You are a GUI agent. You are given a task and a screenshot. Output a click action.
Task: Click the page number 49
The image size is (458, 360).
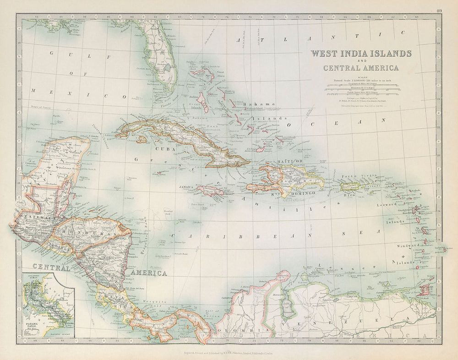point(439,11)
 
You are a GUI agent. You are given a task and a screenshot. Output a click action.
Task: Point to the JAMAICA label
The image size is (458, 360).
point(186,187)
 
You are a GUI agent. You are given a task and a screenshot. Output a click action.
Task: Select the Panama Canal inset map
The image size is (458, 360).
point(49,305)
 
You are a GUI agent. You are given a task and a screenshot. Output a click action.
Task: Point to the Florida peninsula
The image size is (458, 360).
point(160,60)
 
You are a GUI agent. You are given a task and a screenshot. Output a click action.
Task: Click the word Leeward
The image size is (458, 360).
point(387,205)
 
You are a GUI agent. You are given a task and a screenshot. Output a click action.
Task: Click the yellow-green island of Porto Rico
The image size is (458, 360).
point(349,187)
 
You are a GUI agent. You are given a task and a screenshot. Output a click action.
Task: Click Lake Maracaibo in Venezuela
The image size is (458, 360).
point(288,307)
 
